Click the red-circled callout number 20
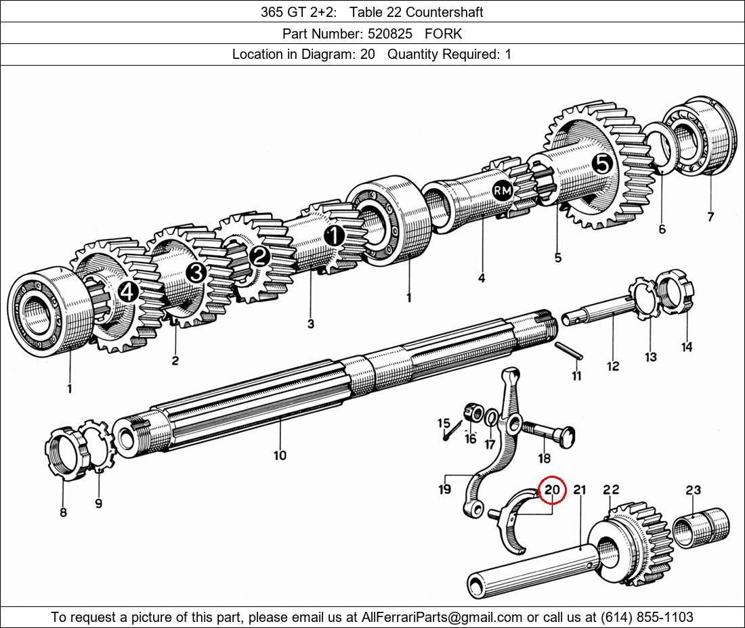pos(552,489)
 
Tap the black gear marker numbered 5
pos(602,163)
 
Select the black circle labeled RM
pos(502,192)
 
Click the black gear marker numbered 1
pos(334,235)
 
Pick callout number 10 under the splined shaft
pos(280,455)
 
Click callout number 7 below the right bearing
pos(710,217)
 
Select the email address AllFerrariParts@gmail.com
pos(442,617)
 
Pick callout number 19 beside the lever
pos(444,489)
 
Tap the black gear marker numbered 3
pos(196,273)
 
